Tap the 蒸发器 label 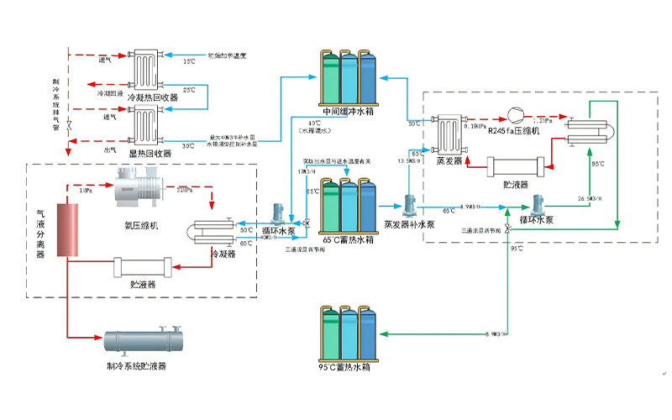click(x=445, y=162)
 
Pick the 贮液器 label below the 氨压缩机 click(x=143, y=286)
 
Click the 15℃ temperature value click(x=190, y=61)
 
